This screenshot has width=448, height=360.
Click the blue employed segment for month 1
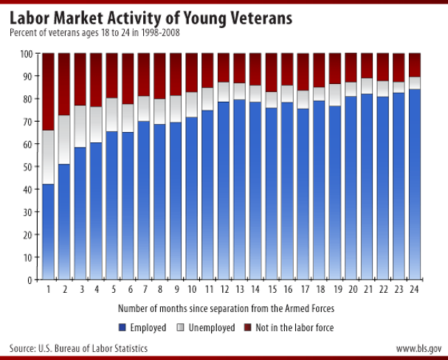pyautogui.click(x=48, y=232)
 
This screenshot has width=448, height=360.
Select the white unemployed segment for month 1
pyautogui.click(x=48, y=157)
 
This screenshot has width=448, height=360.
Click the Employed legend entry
pyautogui.click(x=141, y=324)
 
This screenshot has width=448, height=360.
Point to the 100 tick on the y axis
pyautogui.click(x=30, y=53)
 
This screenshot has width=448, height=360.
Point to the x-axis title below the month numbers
pyautogui.click(x=225, y=305)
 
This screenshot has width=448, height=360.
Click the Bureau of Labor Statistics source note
pyautogui.click(x=78, y=345)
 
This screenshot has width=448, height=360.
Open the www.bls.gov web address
pyautogui.click(x=416, y=345)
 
